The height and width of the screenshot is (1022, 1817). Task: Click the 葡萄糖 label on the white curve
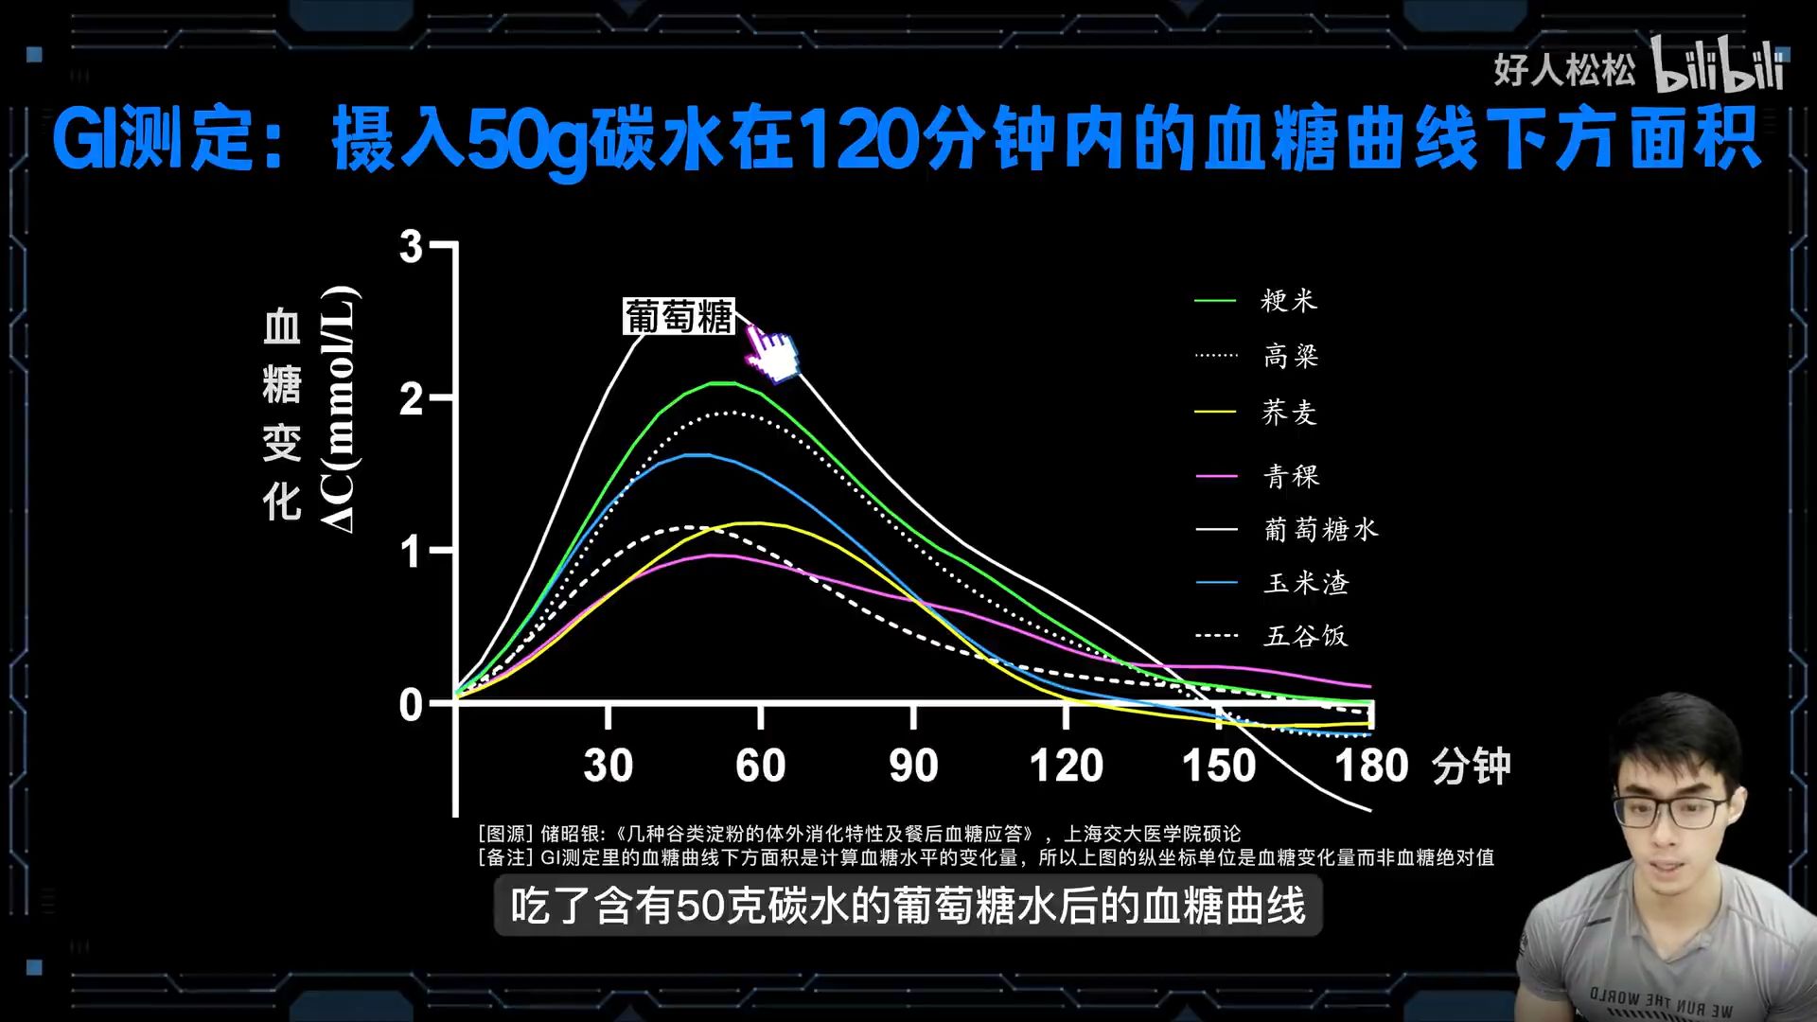[679, 317]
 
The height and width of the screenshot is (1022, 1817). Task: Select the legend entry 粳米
[1288, 301]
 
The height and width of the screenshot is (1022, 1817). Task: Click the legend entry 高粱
[1291, 357]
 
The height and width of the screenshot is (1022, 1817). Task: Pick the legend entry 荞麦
[1289, 413]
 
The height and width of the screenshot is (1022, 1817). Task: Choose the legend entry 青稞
[1291, 476]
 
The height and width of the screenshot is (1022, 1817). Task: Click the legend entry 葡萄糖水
[1321, 529]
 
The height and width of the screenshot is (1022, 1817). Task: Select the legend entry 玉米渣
[1306, 583]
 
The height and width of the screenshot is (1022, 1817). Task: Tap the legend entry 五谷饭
[1306, 636]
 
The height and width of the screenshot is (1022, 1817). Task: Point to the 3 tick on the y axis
[411, 247]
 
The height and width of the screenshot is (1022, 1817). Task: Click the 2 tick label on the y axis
[411, 400]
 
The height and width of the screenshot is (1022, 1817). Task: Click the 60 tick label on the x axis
[761, 766]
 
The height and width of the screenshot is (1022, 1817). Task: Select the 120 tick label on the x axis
[1067, 766]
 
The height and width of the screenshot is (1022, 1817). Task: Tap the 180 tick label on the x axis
[1371, 766]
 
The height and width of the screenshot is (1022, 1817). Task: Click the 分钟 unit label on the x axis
[1471, 766]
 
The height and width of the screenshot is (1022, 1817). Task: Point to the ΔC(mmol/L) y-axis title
[339, 409]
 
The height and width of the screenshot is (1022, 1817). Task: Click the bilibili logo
[1717, 66]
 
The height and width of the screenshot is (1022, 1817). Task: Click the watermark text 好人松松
[1564, 69]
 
